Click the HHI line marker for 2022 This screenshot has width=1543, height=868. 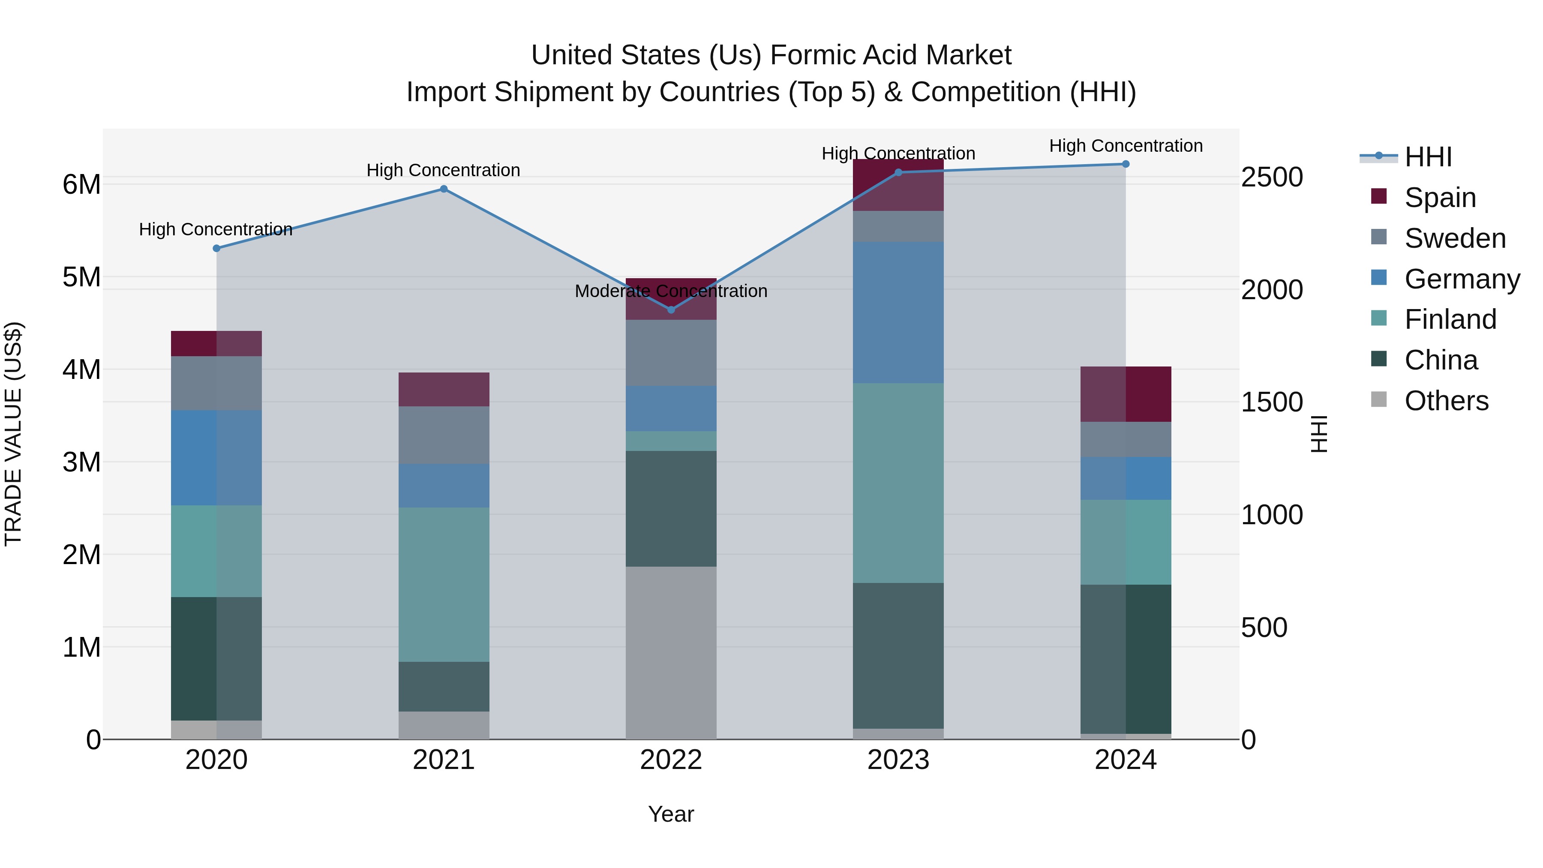click(x=671, y=310)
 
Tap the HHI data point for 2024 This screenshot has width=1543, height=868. click(x=1126, y=164)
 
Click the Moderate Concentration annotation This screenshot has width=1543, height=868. click(x=671, y=291)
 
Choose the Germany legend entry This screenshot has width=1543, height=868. click(x=1462, y=279)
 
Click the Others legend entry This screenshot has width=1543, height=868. click(x=1446, y=401)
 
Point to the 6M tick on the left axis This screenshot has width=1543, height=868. click(x=81, y=184)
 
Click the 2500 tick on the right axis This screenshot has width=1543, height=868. click(x=1272, y=177)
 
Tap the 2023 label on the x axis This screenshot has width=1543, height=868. click(x=898, y=760)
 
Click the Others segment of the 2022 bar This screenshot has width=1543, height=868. click(x=671, y=652)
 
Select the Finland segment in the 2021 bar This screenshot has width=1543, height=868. click(x=444, y=584)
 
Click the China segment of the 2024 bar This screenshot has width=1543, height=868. click(x=1126, y=659)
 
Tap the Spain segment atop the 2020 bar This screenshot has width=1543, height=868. click(x=216, y=343)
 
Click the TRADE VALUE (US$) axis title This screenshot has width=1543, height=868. click(x=13, y=434)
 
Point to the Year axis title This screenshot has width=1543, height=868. click(x=671, y=814)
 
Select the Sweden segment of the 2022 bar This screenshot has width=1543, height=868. click(x=671, y=353)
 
